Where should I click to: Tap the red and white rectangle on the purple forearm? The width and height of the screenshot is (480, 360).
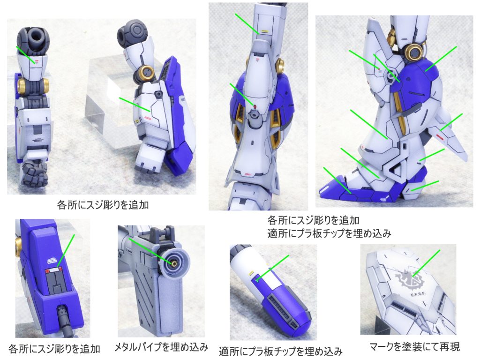pos(52,270)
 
